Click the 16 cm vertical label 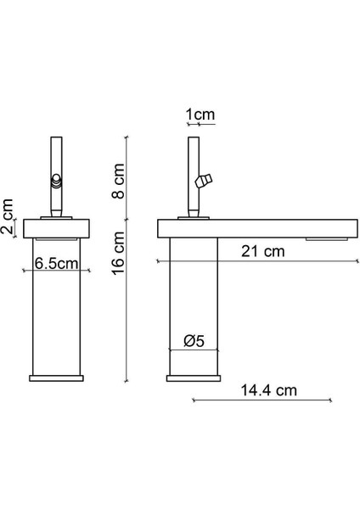pyautogui.click(x=119, y=255)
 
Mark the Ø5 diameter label pyautogui.click(x=194, y=342)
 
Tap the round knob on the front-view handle pyautogui.click(x=57, y=180)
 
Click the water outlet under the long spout pyautogui.click(x=327, y=240)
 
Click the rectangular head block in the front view pyautogui.click(x=58, y=228)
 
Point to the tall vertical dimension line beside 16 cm pyautogui.click(x=127, y=255)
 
